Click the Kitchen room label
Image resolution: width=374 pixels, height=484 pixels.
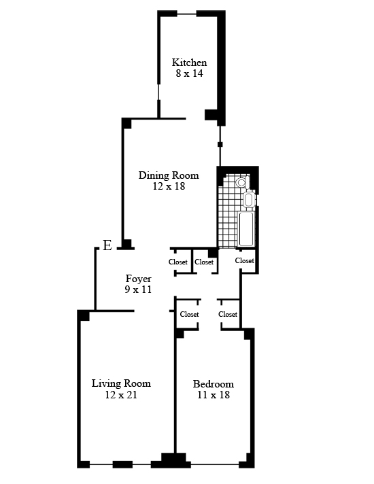click(x=189, y=63)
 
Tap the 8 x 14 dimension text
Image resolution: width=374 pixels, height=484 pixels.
click(x=189, y=73)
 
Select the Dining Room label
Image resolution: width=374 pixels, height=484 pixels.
click(x=169, y=175)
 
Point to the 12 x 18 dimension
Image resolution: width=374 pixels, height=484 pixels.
click(x=169, y=186)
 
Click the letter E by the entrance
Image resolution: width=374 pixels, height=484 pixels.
click(x=107, y=245)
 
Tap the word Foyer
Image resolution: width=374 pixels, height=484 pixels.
click(x=138, y=279)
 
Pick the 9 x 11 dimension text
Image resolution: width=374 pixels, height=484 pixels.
click(x=138, y=290)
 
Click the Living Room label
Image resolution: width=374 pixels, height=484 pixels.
click(x=121, y=383)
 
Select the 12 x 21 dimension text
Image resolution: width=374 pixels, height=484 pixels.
click(x=121, y=395)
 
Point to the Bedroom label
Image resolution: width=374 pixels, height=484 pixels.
click(x=214, y=384)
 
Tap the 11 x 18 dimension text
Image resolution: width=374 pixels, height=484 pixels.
click(x=214, y=395)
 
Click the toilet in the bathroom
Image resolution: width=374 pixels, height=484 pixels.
click(x=243, y=182)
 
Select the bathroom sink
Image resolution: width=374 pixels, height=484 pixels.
click(x=250, y=200)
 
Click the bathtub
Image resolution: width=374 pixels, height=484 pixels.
click(x=246, y=228)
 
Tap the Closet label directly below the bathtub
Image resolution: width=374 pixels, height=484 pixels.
click(x=245, y=261)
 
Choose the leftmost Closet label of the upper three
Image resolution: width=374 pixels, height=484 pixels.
click(x=178, y=262)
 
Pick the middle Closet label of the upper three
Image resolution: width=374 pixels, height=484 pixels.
click(x=204, y=262)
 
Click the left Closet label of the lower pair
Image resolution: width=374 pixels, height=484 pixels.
click(x=189, y=314)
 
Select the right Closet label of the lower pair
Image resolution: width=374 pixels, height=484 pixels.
click(x=228, y=314)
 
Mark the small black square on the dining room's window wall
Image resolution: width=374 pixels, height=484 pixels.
click(x=220, y=144)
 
